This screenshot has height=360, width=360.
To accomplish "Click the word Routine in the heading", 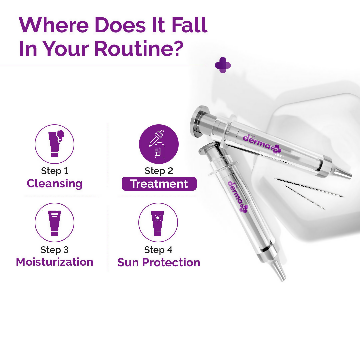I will tap(139, 48).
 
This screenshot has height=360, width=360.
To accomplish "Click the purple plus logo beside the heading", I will tap(223, 65).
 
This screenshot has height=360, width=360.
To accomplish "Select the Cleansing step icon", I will tap(54, 144).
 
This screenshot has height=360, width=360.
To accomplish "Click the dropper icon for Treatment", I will tap(159, 144).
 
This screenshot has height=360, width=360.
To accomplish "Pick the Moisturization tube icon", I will tap(54, 223).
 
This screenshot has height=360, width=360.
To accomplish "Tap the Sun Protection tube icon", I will tap(158, 223).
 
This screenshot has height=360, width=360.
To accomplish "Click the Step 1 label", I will tap(54, 171).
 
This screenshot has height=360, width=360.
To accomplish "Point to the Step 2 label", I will tap(159, 171).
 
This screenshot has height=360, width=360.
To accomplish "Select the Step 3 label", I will tap(54, 250).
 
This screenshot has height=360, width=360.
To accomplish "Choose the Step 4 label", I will tap(158, 250).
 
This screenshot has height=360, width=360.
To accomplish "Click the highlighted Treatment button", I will tap(159, 184).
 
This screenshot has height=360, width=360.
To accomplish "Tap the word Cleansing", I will tap(54, 184).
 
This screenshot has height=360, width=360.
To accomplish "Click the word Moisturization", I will tap(54, 262).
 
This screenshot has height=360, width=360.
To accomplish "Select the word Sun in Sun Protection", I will tap(128, 263).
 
